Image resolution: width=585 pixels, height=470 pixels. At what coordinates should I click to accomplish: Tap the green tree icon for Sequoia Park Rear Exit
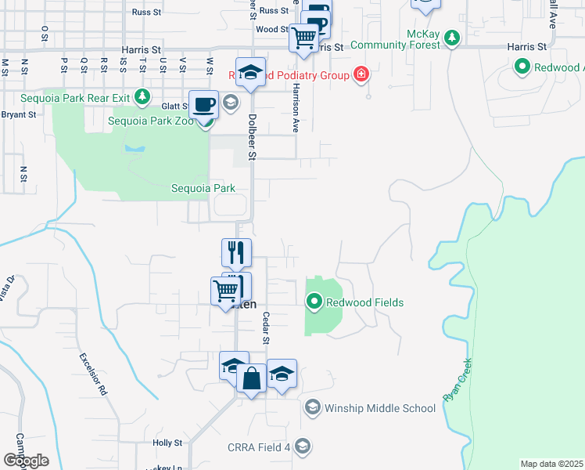142,97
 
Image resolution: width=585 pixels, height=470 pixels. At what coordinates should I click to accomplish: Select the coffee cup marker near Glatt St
203,104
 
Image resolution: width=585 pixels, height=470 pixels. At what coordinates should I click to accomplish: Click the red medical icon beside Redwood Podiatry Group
361,75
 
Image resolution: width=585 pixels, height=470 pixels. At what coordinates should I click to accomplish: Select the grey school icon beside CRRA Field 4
303,446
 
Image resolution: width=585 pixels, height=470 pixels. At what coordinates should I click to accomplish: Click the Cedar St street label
266,329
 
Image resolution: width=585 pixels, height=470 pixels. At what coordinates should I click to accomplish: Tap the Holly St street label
167,443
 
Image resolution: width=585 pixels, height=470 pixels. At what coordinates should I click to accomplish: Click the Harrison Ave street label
296,109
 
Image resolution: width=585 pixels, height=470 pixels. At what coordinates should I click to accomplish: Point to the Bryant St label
19,114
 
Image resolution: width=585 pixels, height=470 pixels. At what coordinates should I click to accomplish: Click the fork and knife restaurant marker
236,252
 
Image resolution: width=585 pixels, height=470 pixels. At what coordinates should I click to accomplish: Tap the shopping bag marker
252,379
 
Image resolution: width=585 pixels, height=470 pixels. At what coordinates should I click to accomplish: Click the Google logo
26,461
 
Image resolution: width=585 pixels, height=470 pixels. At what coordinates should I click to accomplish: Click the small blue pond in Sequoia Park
134,147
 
